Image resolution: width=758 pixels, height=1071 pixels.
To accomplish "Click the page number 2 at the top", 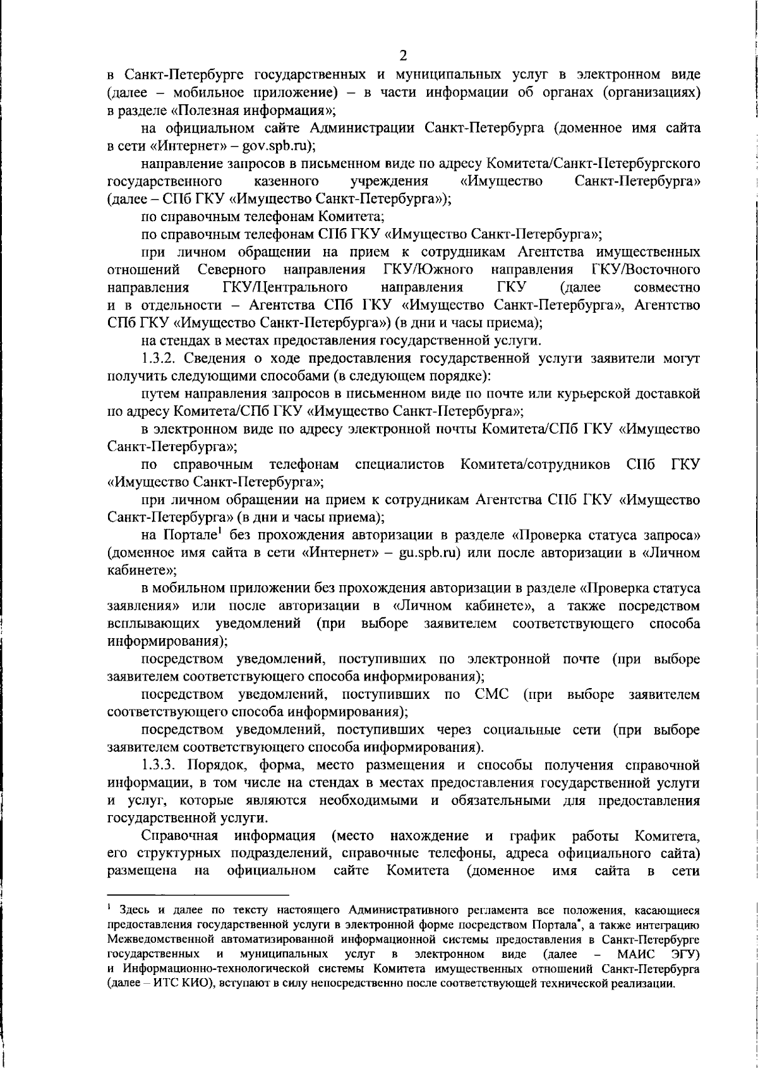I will point(404,56).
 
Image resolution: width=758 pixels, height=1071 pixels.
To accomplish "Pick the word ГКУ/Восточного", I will point(646,270).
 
